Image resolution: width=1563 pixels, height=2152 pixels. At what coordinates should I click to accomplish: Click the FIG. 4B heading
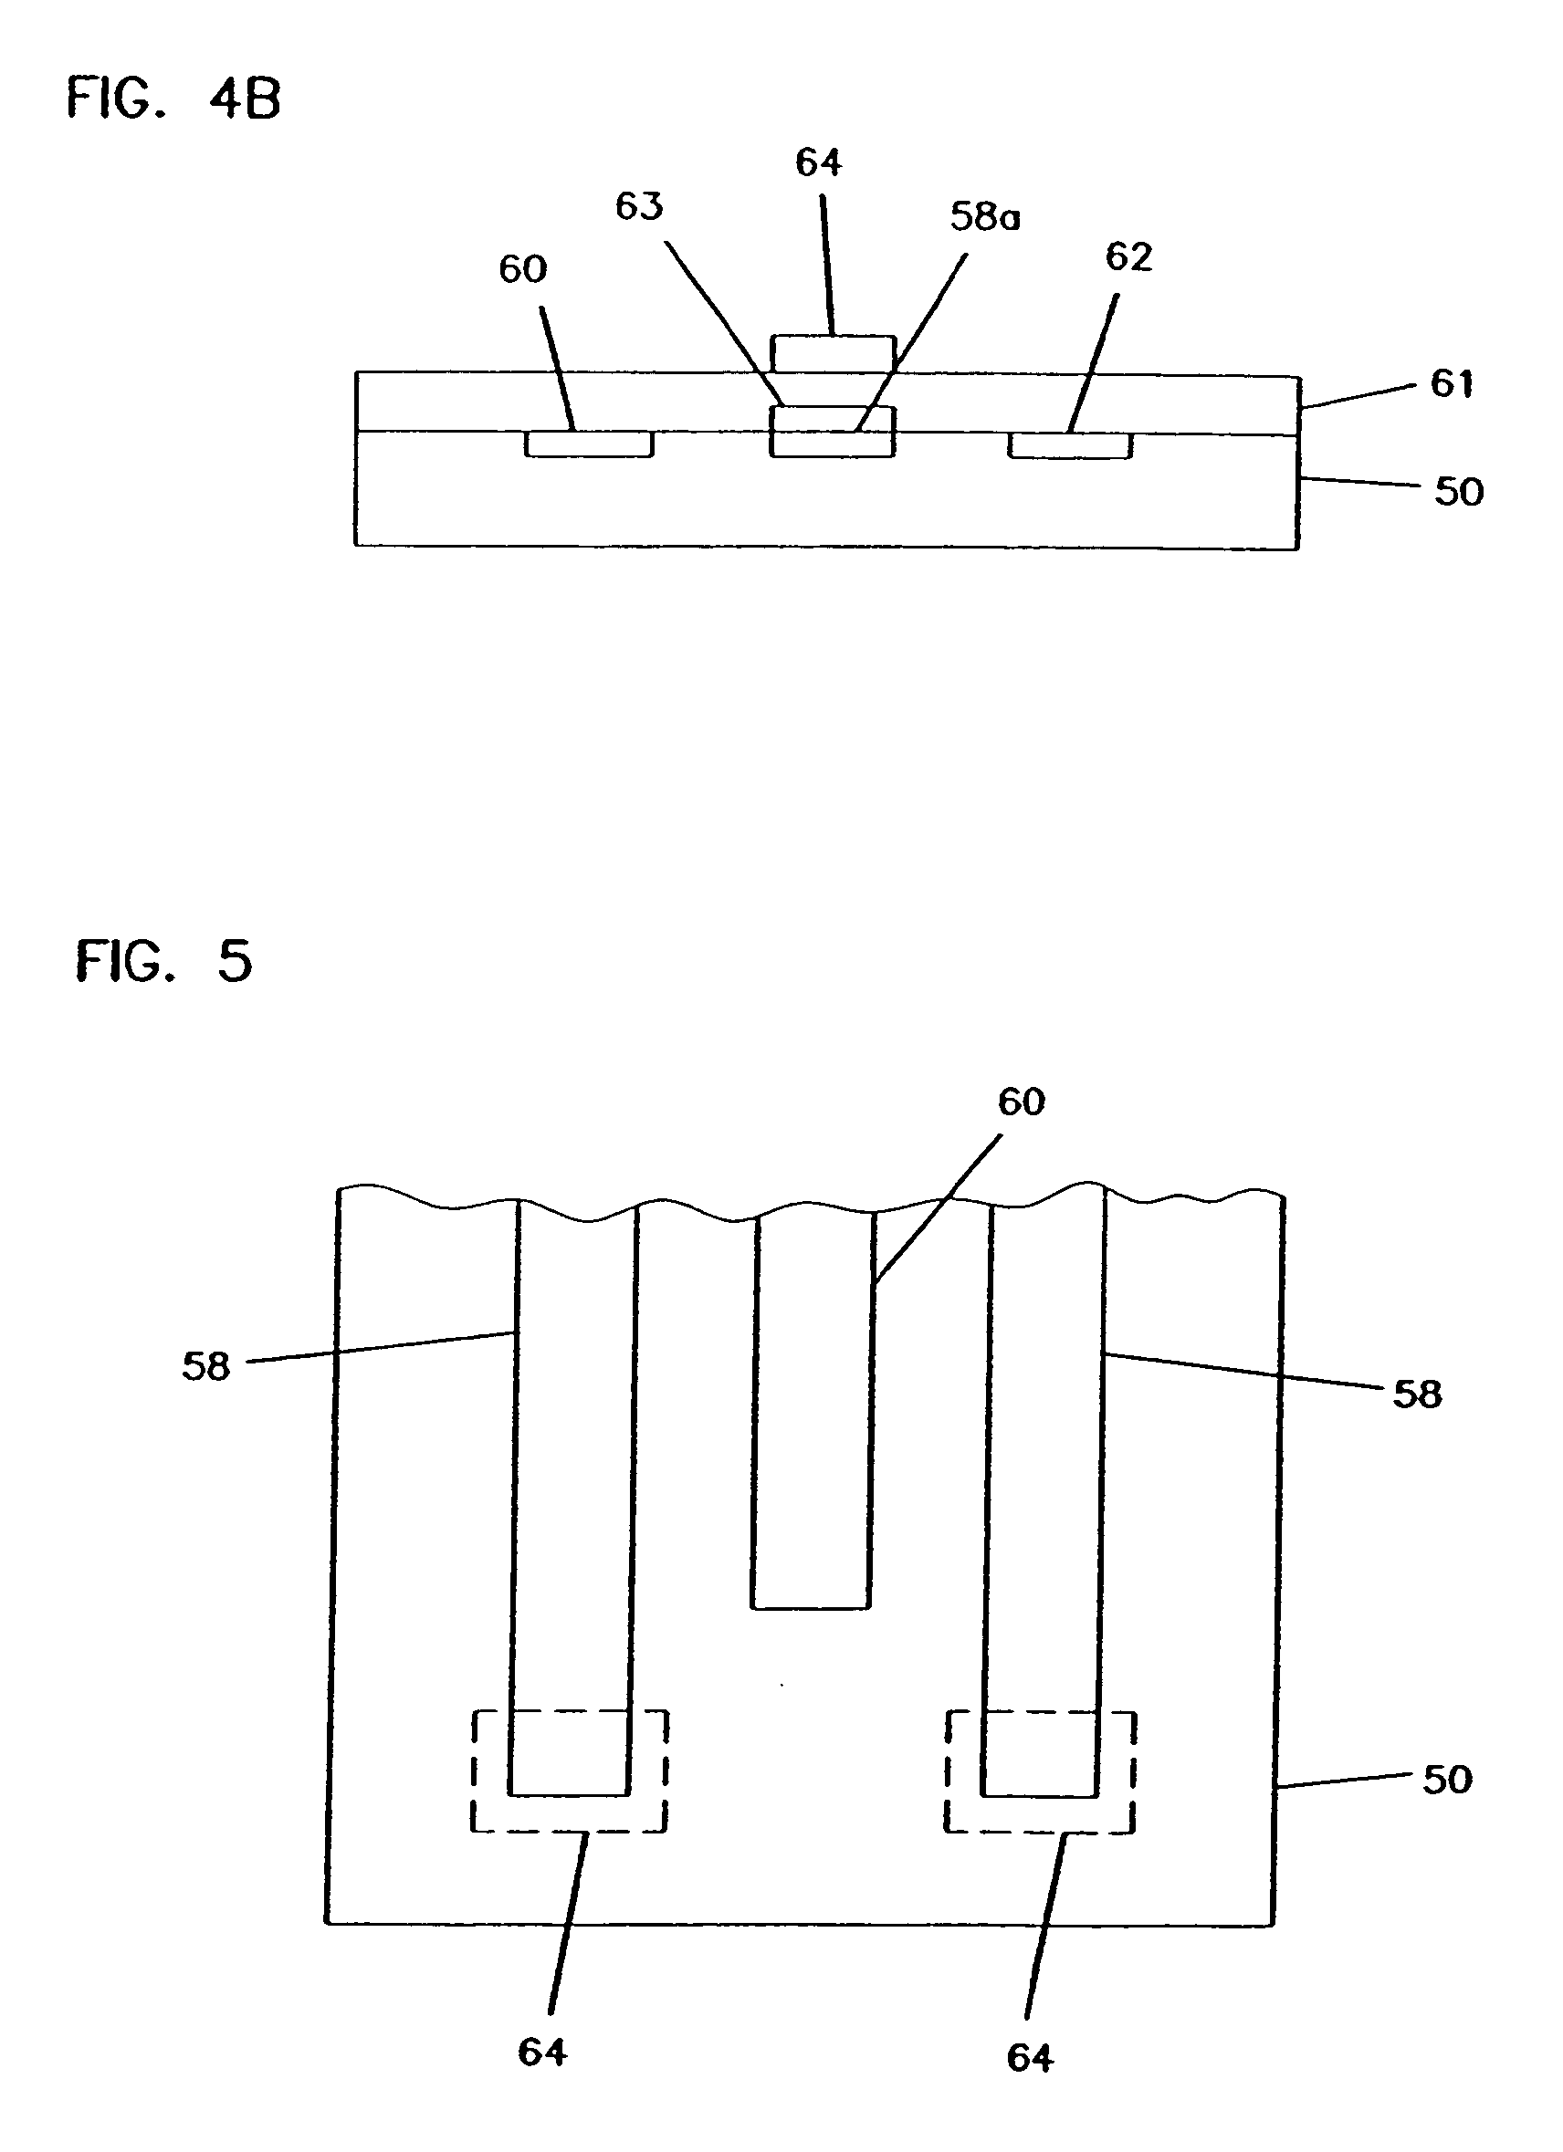(x=173, y=98)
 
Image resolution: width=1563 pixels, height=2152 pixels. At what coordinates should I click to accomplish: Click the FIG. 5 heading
(x=164, y=961)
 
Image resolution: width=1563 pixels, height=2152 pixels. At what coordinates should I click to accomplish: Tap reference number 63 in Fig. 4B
(x=639, y=206)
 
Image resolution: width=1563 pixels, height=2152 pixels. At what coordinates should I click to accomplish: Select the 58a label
(x=985, y=217)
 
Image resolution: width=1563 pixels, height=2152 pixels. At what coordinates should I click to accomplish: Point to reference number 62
(x=1128, y=257)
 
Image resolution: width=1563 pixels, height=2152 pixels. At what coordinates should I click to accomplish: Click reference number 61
(x=1451, y=383)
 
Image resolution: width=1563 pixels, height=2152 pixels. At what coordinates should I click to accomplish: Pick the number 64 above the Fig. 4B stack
(x=818, y=162)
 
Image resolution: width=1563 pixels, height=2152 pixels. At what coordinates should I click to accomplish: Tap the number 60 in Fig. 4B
(x=523, y=269)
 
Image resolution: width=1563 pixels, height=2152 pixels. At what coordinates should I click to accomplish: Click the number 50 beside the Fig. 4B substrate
(x=1459, y=492)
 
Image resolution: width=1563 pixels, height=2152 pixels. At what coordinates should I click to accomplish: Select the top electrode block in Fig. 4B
(x=833, y=354)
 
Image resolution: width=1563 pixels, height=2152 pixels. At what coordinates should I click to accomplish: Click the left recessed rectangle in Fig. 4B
(x=590, y=444)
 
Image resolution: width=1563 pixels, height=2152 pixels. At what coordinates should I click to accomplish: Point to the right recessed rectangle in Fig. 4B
(x=1069, y=445)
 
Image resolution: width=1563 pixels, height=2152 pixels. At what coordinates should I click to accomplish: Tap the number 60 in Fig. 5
(x=1021, y=1102)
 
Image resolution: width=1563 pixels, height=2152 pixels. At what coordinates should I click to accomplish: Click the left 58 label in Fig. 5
(x=206, y=1367)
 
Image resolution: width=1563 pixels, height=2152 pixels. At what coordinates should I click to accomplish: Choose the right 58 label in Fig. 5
(x=1417, y=1395)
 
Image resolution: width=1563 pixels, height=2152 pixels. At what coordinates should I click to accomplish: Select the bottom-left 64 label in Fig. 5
(x=542, y=2053)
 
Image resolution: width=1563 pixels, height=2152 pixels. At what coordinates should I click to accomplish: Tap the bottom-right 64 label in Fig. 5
(x=1030, y=2058)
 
